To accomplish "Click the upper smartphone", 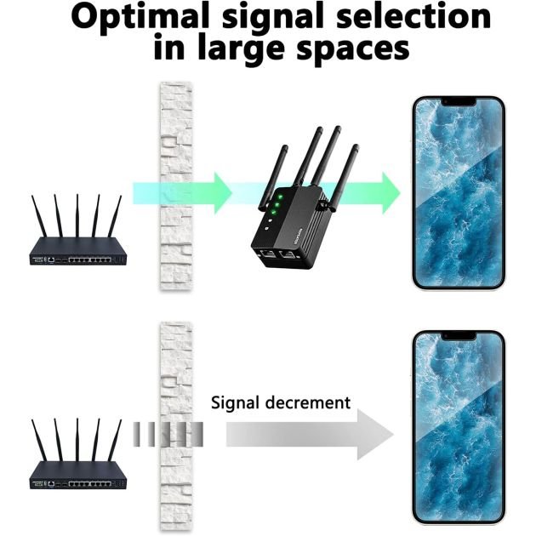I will pos(459,192).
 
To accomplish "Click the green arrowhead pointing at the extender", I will pos(221,188).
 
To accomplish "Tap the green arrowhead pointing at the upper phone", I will pos(390,188).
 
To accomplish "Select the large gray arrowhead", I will pos(374,434).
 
